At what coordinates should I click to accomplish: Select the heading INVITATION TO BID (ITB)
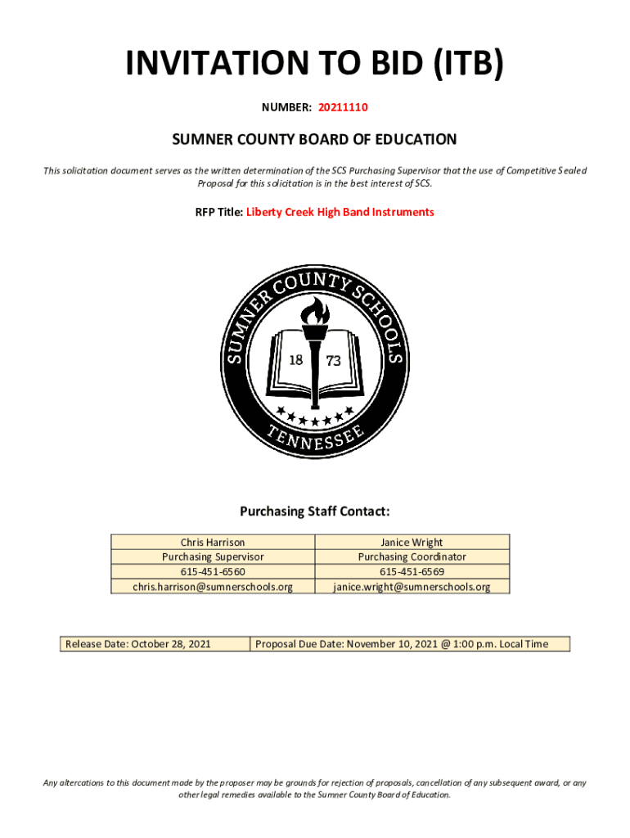pos(314,64)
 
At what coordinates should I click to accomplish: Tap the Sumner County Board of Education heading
pos(314,140)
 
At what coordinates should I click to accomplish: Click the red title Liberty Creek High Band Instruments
pos(340,212)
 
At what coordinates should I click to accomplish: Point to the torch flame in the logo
pos(315,311)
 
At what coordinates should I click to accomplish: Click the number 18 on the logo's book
pos(296,361)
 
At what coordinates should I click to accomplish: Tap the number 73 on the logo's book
pos(334,361)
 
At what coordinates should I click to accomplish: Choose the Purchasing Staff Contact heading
pos(314,511)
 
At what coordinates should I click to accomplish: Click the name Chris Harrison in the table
pos(213,542)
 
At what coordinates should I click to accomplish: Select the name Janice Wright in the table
pos(412,542)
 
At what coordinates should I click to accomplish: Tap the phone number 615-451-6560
pos(213,571)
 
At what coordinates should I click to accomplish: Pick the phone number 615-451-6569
pos(412,571)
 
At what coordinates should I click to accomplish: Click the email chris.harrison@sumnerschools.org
pos(213,586)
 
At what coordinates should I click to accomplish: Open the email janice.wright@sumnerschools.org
pos(412,586)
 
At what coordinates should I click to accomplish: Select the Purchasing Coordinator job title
pos(412,556)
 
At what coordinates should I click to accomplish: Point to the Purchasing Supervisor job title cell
pos(213,556)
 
